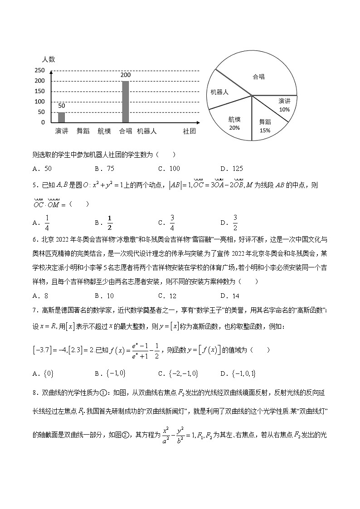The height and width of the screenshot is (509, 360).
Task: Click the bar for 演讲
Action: coord(61,117)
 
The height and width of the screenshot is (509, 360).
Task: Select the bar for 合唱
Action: coord(126,102)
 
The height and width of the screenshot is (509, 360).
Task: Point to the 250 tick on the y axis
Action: coord(40,71)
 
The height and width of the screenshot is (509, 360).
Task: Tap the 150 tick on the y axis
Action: coord(40,91)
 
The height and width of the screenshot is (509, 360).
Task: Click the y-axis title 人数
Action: coord(49,59)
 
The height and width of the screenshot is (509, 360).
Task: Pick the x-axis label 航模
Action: coord(104,131)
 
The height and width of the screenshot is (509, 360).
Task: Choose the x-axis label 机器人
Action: coord(147,131)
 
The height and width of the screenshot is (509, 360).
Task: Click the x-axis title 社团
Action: coord(189,131)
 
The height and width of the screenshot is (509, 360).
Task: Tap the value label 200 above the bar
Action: coord(126,75)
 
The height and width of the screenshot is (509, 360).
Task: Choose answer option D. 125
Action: coord(231,169)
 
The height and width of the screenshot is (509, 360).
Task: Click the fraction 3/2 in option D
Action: coord(235,223)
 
